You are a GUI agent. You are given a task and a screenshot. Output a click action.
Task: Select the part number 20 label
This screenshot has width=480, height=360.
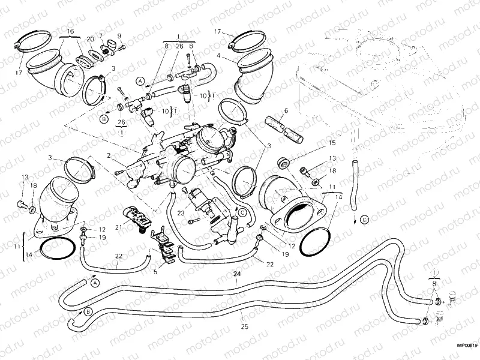coord(90,38)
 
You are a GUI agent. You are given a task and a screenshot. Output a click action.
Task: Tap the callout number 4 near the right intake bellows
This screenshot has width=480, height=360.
coord(219,55)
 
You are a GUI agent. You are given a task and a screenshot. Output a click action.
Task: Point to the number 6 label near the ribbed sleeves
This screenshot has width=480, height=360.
coord(286,110)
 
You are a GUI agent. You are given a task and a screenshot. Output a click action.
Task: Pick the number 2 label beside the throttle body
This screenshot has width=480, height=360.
coord(109,155)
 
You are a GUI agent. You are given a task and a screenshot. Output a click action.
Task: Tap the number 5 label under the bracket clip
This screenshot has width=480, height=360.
coord(155,271)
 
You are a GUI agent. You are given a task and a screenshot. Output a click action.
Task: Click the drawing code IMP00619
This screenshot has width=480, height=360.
coord(466,345)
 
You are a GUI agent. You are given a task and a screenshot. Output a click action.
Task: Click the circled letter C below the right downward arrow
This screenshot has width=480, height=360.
coord(364,221)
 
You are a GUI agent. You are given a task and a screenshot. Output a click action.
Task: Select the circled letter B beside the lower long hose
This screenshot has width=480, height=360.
coord(89,311)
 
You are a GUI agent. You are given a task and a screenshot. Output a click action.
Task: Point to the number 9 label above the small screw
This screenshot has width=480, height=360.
coord(118,35)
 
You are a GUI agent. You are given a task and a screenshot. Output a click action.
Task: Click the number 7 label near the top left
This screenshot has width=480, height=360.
coord(101,35)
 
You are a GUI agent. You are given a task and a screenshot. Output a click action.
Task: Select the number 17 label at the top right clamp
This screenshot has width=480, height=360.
coord(217,31)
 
